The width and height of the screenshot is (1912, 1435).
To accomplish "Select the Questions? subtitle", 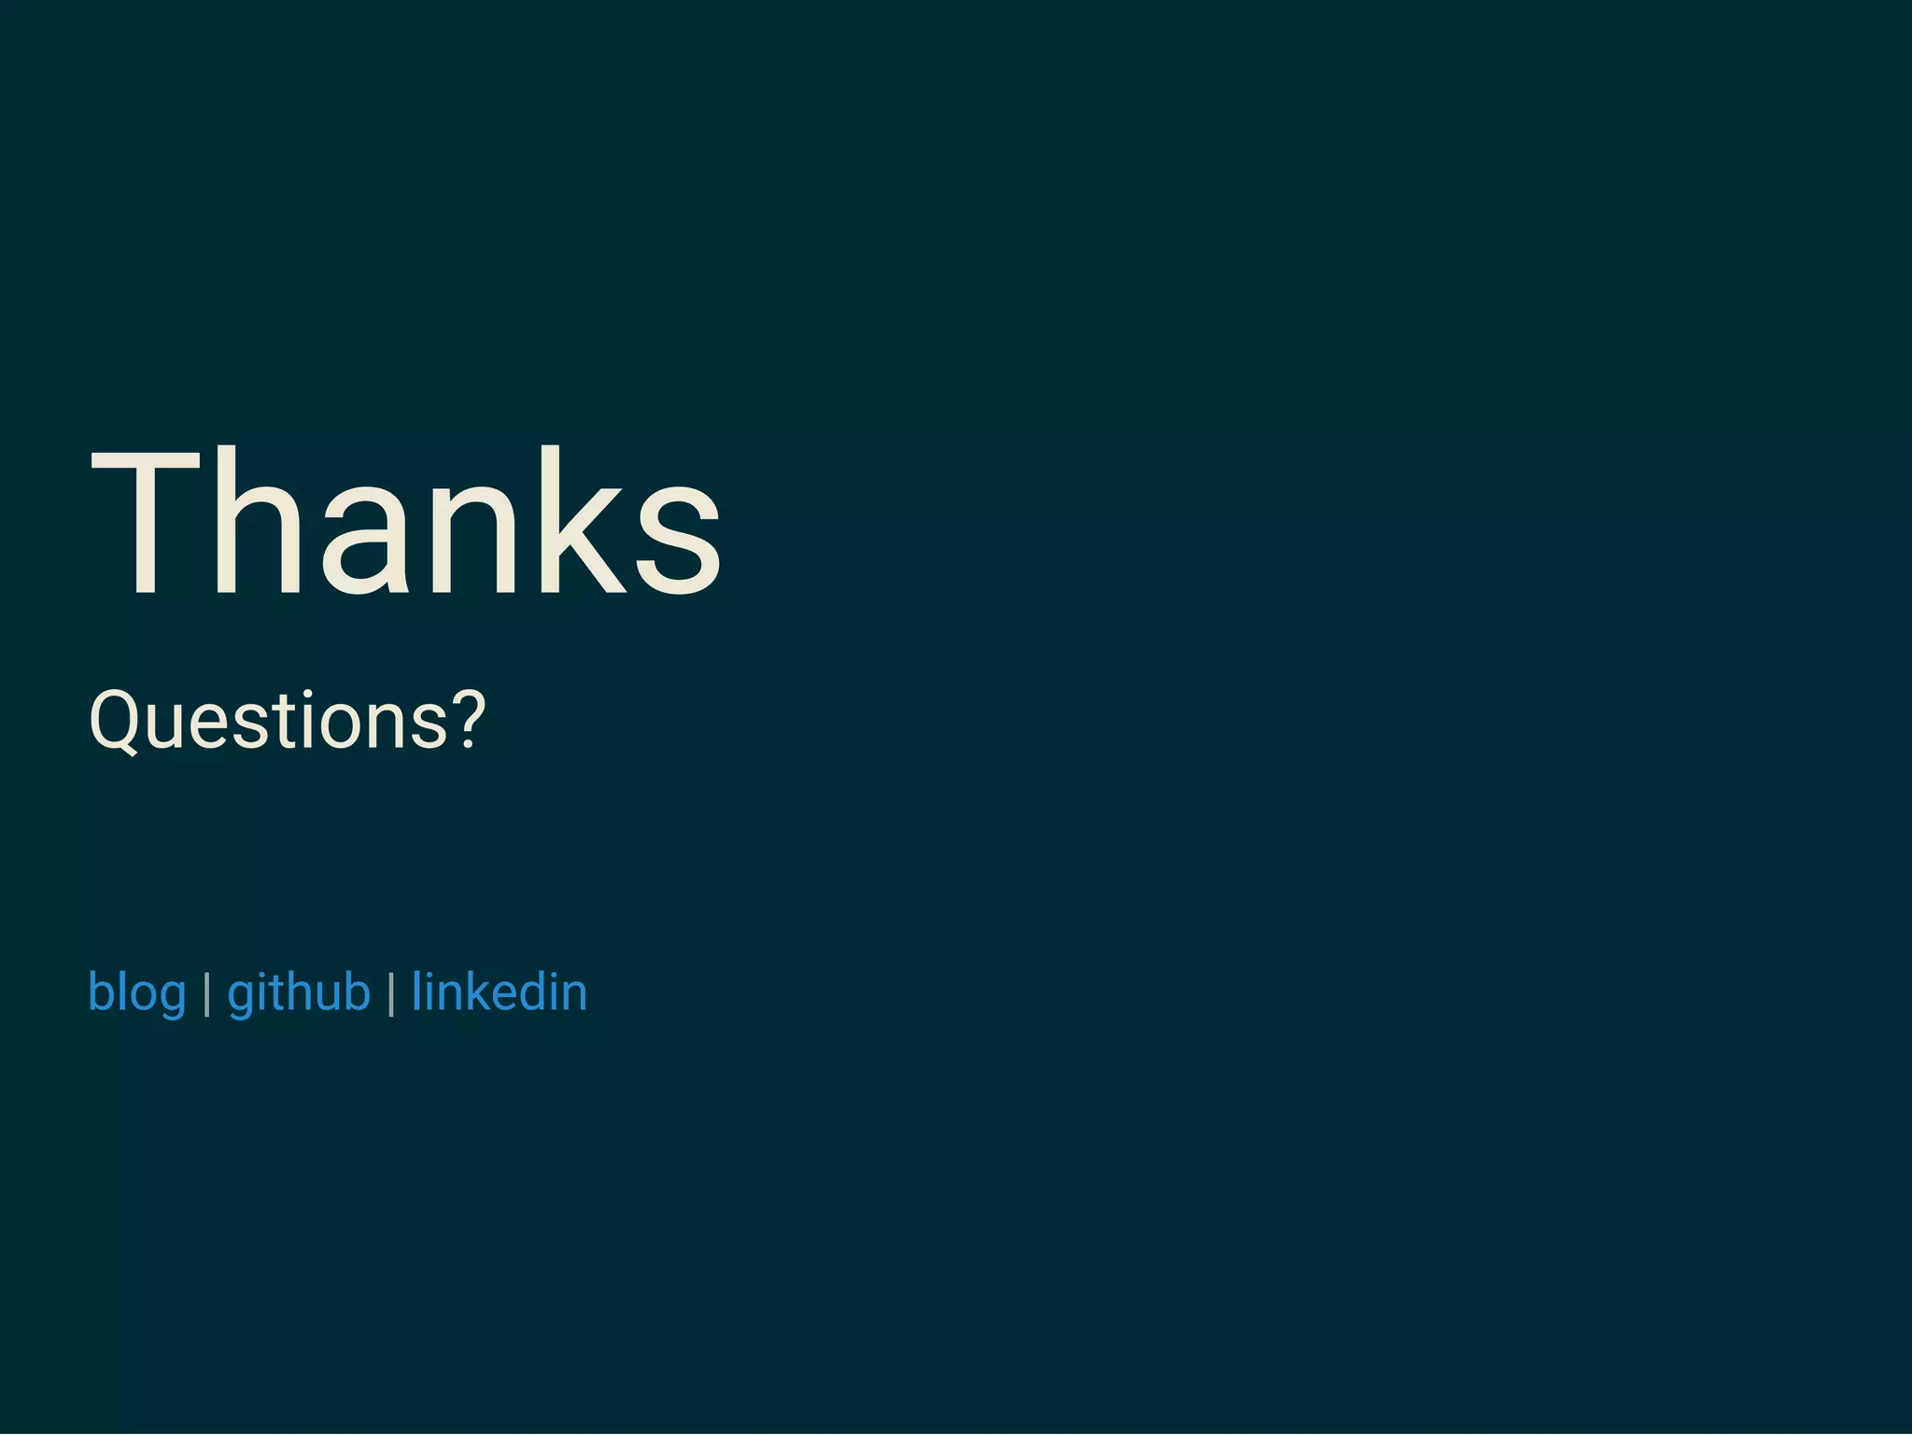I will (x=288, y=720).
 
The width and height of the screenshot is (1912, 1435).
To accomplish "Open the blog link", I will (x=136, y=992).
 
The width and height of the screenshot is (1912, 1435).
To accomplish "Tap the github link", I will (x=299, y=992).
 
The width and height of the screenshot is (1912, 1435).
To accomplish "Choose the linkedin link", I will (x=499, y=992).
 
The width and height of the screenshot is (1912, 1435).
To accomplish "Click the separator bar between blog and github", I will (x=207, y=993).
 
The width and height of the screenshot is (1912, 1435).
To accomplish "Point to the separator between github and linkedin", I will (x=391, y=993).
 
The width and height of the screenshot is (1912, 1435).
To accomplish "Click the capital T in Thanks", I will (x=146, y=523).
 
